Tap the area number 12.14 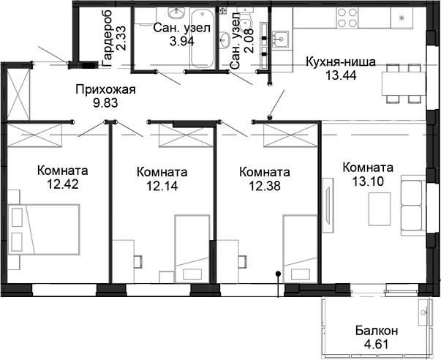pos(162,186)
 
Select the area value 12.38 pos(264,186)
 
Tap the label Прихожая pos(107,90)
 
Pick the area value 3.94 pos(182,41)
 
